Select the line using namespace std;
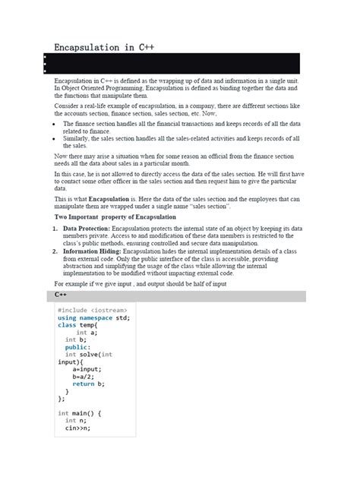pos(93,317)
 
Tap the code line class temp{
pos(78,325)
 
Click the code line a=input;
pos(87,369)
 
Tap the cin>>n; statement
pos(77,428)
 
